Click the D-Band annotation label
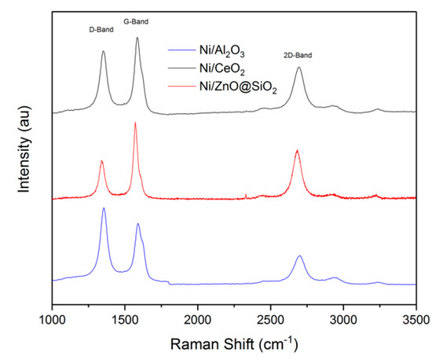coord(101,29)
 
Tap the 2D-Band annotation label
coord(298,57)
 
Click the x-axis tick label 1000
coord(52,320)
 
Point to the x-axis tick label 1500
coord(125,320)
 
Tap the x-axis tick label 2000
coord(198,320)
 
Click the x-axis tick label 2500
coord(271,320)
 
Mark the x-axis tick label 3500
coord(416,320)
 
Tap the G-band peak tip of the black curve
coord(137,38)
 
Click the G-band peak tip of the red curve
coord(135,123)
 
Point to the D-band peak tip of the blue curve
coord(104,208)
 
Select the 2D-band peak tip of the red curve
coord(297,150)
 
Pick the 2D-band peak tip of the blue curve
coord(299,256)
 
